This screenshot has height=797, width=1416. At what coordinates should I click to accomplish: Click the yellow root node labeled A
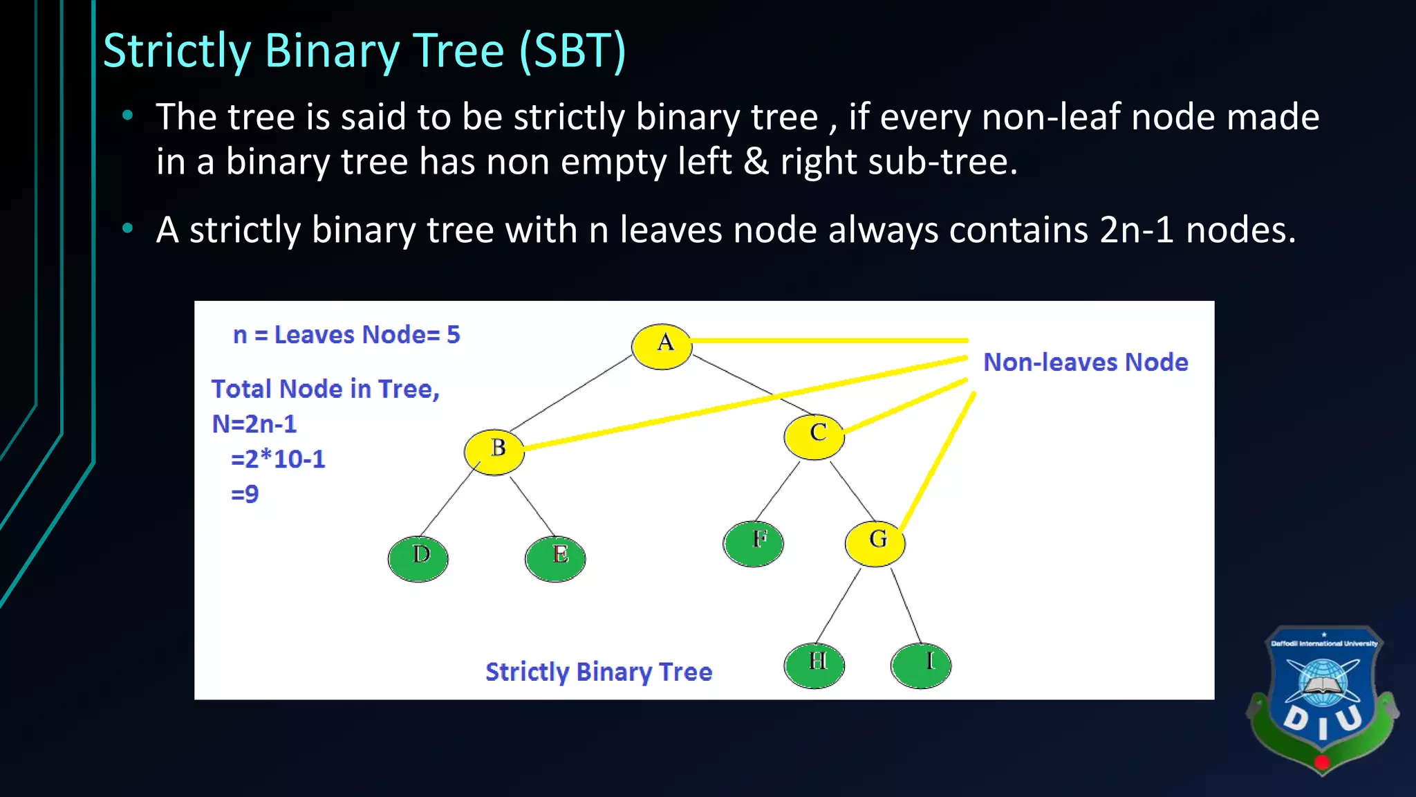pyautogui.click(x=662, y=346)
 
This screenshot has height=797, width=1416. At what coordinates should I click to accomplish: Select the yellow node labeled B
pyautogui.click(x=494, y=452)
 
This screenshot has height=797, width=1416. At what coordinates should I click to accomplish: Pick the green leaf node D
pyautogui.click(x=418, y=558)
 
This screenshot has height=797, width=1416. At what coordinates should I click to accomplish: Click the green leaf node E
pyautogui.click(x=555, y=558)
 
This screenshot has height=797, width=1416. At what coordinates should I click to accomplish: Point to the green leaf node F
pyautogui.click(x=754, y=543)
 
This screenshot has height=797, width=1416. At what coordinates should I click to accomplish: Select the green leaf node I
pyautogui.click(x=921, y=665)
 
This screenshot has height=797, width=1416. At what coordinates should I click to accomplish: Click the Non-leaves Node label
pyautogui.click(x=1086, y=362)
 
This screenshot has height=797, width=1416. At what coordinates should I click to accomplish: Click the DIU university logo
pyautogui.click(x=1322, y=699)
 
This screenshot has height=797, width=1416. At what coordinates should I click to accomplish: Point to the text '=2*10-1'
pyautogui.click(x=278, y=459)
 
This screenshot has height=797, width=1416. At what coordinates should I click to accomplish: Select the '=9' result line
pyautogui.click(x=245, y=494)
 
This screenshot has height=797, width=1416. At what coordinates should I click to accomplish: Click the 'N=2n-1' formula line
pyautogui.click(x=254, y=423)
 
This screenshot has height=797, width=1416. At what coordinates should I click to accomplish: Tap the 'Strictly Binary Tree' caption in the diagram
pyautogui.click(x=598, y=672)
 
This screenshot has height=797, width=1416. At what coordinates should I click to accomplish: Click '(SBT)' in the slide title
pyautogui.click(x=572, y=51)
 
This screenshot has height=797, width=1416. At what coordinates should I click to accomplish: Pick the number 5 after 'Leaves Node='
pyautogui.click(x=453, y=335)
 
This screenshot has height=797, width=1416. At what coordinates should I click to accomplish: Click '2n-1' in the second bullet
pyautogui.click(x=1137, y=230)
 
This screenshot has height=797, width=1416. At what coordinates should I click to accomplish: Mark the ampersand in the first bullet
pyautogui.click(x=756, y=162)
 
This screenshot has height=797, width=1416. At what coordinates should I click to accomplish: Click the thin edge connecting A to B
pyautogui.click(x=571, y=394)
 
